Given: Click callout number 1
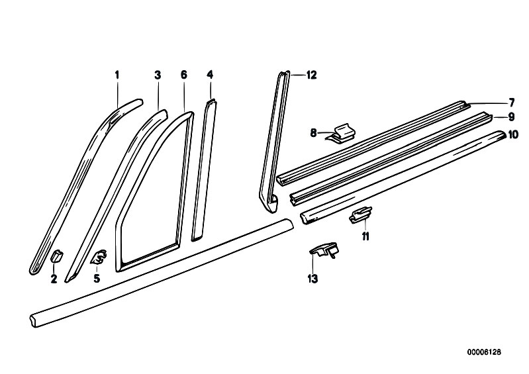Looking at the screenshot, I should [117, 75].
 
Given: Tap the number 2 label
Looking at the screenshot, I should [54, 279].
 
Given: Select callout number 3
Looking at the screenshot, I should [158, 75].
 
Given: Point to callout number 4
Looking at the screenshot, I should [209, 75].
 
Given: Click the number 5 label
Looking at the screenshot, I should [97, 279].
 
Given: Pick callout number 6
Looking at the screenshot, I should [183, 75].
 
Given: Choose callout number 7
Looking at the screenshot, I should [511, 102].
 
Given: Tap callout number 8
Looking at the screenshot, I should [314, 133].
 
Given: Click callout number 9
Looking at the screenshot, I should [511, 117].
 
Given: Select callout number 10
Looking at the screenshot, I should [512, 134].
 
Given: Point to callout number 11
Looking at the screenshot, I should [365, 236].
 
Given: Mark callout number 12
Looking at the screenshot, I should [312, 75].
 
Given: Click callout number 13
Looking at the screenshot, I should [313, 279].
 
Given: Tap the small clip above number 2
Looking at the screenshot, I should [56, 256].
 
